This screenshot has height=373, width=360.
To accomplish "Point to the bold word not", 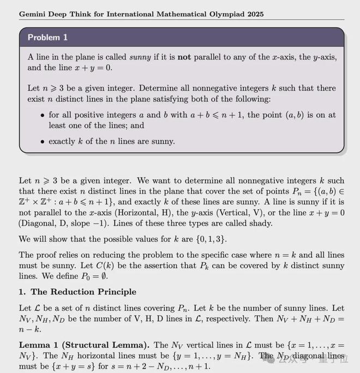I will click(x=183, y=57).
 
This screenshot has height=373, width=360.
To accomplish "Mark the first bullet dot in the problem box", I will click(x=43, y=115).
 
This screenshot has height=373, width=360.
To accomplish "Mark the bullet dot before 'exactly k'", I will click(x=43, y=141).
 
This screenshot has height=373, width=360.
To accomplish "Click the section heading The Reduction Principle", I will click(x=83, y=292).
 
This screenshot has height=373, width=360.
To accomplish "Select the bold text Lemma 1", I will click(x=38, y=345).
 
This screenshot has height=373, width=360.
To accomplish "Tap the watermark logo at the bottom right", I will click(x=284, y=359).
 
